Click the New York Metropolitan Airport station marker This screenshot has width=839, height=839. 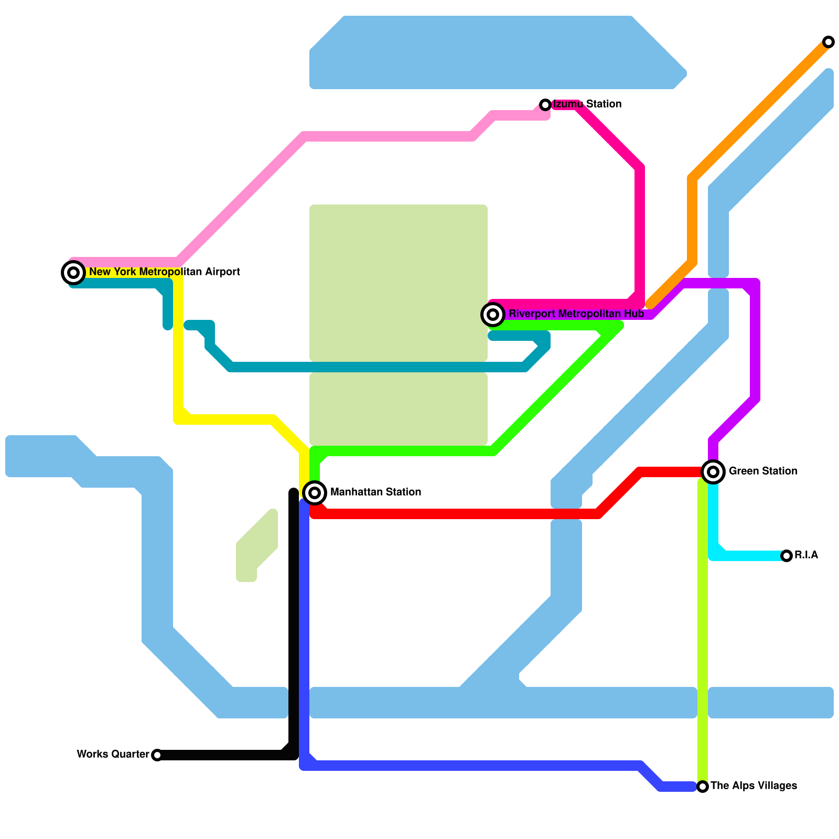(73, 273)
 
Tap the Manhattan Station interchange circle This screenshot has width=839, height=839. (315, 493)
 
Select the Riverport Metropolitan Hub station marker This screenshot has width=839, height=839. (493, 315)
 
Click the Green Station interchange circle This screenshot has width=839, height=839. (713, 472)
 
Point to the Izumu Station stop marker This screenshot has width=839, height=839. (545, 105)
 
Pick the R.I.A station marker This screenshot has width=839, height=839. (787, 556)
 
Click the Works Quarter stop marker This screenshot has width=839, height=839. (157, 755)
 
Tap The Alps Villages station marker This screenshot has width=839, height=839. (703, 787)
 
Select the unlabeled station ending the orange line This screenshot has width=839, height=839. (829, 42)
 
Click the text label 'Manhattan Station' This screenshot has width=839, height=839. (375, 492)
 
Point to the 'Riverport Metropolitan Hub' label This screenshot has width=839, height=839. (576, 314)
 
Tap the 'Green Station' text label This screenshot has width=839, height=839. (762, 471)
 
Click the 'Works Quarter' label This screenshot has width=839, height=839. (113, 755)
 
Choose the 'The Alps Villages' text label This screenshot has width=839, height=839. (754, 786)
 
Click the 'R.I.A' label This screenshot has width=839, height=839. (806, 555)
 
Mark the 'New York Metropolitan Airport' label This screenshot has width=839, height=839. (164, 272)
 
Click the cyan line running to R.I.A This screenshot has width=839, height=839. (750, 556)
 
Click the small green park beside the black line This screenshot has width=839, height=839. (257, 545)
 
